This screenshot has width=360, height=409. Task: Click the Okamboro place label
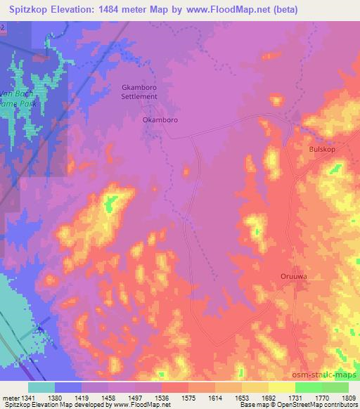160,120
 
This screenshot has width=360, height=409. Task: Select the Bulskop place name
324,150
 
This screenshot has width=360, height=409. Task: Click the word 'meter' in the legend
12,396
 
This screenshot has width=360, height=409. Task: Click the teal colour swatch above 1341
41,387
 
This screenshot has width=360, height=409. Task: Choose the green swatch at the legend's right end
335,387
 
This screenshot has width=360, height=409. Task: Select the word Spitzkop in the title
29,9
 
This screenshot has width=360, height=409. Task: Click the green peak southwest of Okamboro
110,204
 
